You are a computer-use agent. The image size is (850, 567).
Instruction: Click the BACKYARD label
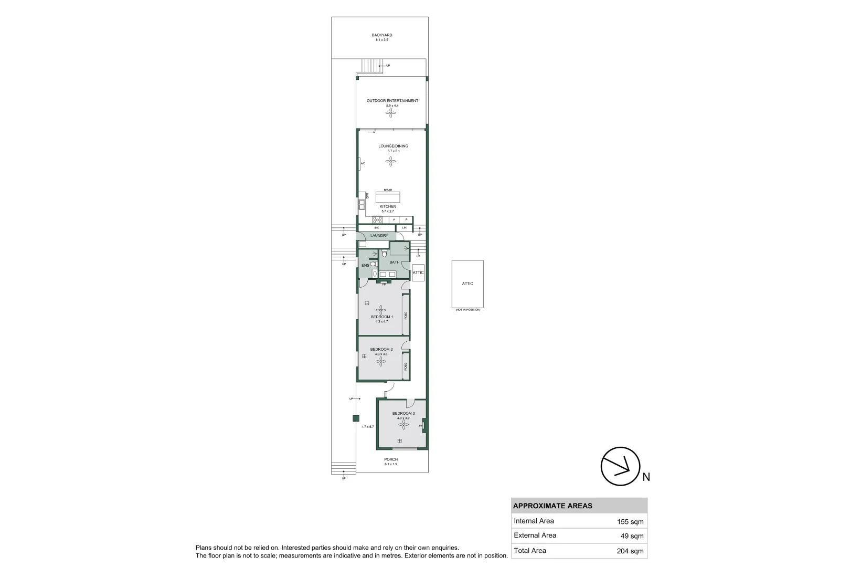[x=381, y=35]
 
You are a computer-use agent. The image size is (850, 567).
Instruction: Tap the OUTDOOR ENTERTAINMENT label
[x=392, y=100]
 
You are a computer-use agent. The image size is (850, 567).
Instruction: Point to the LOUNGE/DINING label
[x=393, y=146]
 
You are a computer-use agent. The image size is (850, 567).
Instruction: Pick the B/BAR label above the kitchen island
[x=388, y=190]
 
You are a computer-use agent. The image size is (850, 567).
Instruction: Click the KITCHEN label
[x=388, y=206]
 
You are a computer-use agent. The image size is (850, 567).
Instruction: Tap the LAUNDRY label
[x=379, y=236]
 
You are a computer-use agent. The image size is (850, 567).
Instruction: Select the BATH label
[x=394, y=262]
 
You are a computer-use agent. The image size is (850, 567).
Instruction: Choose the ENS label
[x=365, y=266]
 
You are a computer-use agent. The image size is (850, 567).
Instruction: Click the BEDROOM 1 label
[x=381, y=317]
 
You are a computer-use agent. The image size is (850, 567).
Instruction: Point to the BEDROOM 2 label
[x=381, y=349]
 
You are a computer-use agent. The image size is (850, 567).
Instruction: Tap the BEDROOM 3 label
[x=403, y=413]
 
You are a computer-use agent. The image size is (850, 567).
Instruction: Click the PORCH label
[x=391, y=459]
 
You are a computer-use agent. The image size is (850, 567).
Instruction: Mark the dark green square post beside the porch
[x=356, y=418]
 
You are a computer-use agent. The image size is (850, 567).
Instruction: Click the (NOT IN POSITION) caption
[x=467, y=310]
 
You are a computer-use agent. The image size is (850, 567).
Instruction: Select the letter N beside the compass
[x=646, y=477]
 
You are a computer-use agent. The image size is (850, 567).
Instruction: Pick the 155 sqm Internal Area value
[x=630, y=522]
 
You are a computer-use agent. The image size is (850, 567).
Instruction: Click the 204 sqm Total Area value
[x=630, y=551]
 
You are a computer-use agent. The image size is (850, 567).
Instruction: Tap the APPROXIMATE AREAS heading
[x=552, y=506]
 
